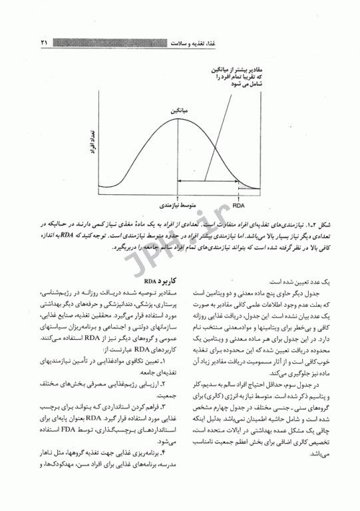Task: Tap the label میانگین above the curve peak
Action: coord(176,110)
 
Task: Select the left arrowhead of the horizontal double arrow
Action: coord(181,180)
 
